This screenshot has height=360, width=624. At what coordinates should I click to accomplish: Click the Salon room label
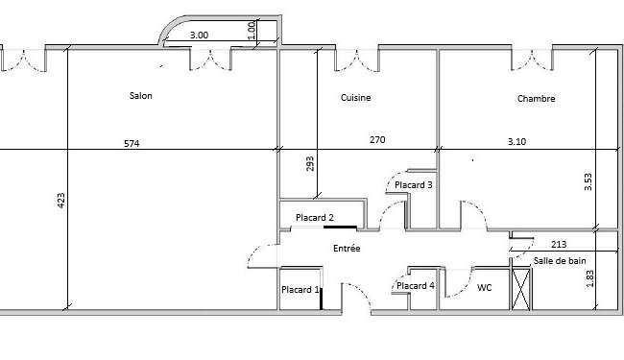[140, 95]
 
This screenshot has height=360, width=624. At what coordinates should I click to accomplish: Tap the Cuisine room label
[356, 98]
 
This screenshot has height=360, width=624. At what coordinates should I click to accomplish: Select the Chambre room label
[536, 98]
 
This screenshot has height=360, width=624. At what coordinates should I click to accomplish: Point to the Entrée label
[347, 249]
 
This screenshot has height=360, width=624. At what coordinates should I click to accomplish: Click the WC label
[484, 287]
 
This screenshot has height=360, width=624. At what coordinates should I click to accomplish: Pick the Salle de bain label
[560, 261]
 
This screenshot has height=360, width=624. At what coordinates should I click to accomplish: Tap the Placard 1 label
[300, 290]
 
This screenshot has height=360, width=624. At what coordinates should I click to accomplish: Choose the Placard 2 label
[314, 218]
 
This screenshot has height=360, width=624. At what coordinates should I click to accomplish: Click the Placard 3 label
[414, 185]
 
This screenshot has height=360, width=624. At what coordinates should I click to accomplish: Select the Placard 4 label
[416, 286]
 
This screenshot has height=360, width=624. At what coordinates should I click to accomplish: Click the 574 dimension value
[132, 144]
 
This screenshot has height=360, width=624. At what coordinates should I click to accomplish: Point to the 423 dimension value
[60, 201]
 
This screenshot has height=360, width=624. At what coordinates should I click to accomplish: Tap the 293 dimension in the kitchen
[310, 164]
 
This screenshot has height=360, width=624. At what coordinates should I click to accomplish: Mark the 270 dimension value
[377, 139]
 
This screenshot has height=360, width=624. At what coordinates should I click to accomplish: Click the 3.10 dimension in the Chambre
[516, 141]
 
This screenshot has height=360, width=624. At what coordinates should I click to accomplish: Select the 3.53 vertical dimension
[588, 181]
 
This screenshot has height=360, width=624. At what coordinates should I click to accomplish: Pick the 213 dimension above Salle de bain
[559, 244]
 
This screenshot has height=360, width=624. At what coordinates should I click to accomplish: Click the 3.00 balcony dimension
[199, 35]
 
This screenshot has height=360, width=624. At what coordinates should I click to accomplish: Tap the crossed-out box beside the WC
[521, 289]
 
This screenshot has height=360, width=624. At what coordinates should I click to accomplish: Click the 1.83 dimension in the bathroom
[590, 278]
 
